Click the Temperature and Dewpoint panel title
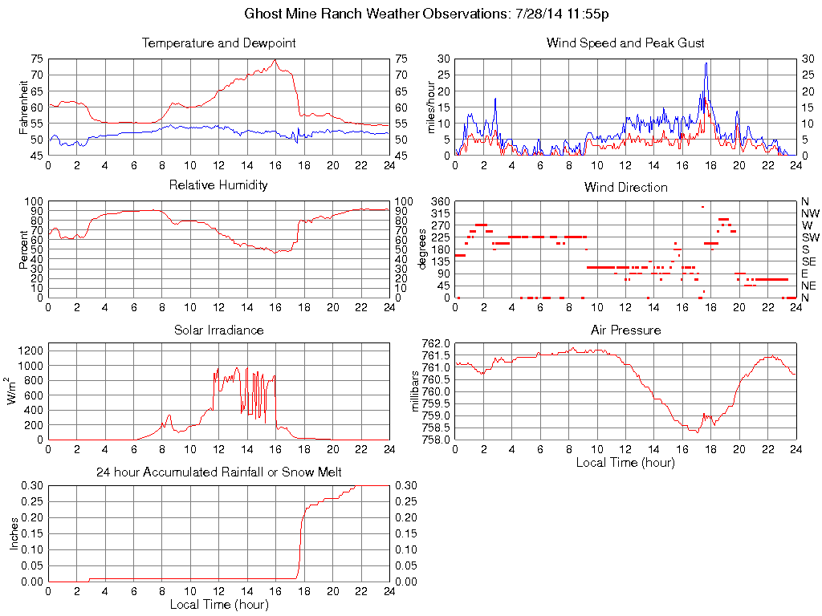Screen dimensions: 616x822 [x=218, y=43]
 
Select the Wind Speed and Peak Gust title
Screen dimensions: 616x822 [x=625, y=43]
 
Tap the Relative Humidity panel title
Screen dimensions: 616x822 [x=218, y=185]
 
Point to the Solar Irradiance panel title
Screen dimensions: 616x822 [x=218, y=330]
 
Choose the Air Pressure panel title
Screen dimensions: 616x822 [x=625, y=330]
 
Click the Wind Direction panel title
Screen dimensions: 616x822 [x=625, y=187]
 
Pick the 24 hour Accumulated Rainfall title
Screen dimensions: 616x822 [x=218, y=472]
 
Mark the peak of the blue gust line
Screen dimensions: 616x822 [x=706, y=63]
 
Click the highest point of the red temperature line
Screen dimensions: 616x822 [x=275, y=60]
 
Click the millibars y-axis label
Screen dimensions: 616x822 [x=415, y=391]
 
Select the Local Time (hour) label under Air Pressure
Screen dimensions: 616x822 [x=625, y=462]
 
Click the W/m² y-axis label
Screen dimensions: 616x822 [x=13, y=391]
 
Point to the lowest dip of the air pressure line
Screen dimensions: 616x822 [x=698, y=432]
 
